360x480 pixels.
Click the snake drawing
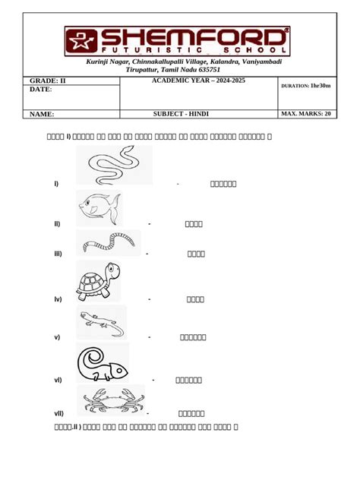click(113, 166)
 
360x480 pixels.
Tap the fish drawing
click(99, 207)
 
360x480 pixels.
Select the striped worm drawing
click(108, 243)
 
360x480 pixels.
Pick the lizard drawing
click(100, 323)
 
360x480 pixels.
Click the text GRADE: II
click(48, 80)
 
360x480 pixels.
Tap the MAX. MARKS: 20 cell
click(306, 114)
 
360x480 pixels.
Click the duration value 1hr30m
click(320, 86)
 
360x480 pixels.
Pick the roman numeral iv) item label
click(58, 299)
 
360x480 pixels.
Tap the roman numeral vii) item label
click(58, 413)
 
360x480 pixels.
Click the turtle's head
click(112, 270)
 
